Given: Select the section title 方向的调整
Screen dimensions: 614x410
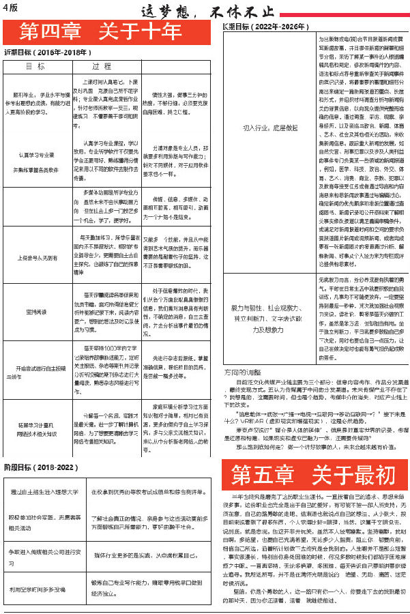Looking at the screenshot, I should tap(242, 373).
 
